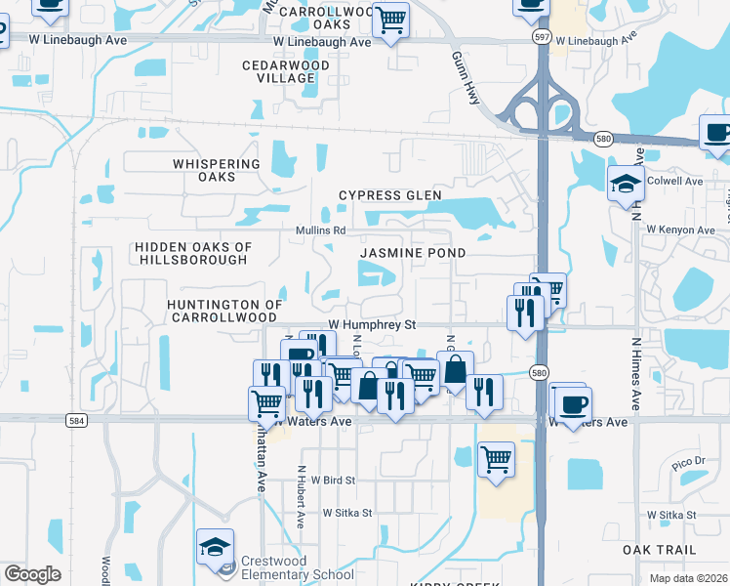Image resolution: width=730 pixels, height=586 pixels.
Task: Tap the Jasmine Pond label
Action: point(412,252)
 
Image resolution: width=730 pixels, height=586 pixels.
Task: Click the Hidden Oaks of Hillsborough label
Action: point(191,254)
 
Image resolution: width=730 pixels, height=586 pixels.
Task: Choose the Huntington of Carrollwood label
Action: point(224,312)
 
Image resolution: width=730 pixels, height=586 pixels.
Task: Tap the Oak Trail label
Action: point(659,551)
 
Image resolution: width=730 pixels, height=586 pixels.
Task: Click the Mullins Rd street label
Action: point(321,230)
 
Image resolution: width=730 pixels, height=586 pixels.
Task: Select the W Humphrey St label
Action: point(372,323)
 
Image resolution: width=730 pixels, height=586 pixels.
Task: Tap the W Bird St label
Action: point(333,481)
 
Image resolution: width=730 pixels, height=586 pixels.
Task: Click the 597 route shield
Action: point(542,35)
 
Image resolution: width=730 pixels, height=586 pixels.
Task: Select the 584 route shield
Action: point(78,420)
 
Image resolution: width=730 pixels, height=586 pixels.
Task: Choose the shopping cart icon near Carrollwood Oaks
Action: point(390,20)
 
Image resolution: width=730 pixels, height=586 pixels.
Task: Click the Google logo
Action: point(32,574)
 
